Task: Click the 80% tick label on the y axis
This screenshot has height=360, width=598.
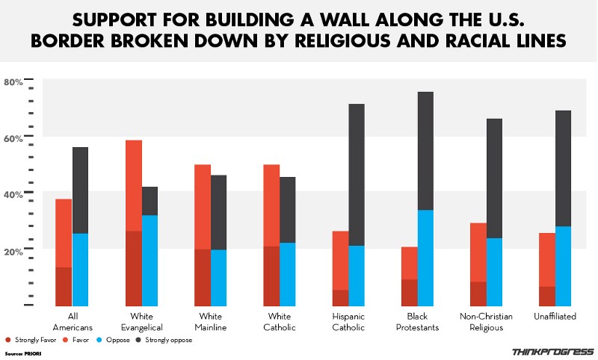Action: click(13, 82)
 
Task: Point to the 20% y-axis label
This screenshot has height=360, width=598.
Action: click(13, 252)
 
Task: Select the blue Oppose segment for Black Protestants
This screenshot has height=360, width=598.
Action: click(425, 258)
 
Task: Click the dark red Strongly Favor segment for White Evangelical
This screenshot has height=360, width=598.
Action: click(133, 268)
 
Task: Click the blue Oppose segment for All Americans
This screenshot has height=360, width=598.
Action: click(81, 269)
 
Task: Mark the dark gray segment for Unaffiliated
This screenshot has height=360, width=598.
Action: click(562, 168)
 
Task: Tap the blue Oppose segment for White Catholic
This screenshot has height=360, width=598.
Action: click(287, 273)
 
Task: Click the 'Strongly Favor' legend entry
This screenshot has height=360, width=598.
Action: click(30, 340)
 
